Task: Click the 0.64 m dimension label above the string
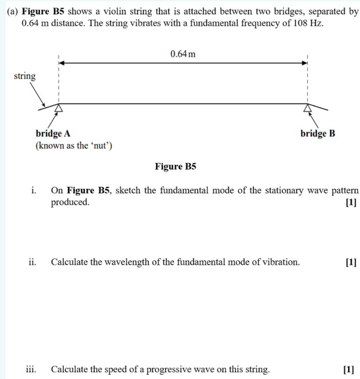tap(183, 54)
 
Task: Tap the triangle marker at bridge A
tap(59, 108)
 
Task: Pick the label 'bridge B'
tap(318, 134)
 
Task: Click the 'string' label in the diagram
tap(24, 76)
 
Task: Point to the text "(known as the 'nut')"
tap(74, 146)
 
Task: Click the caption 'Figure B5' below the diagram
tap(176, 167)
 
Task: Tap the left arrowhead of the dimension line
tap(61, 62)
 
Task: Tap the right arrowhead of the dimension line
tap(304, 62)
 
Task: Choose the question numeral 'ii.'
tap(32, 262)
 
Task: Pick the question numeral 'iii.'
tap(31, 369)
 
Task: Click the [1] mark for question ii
tap(351, 262)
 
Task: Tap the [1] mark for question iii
tap(349, 369)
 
